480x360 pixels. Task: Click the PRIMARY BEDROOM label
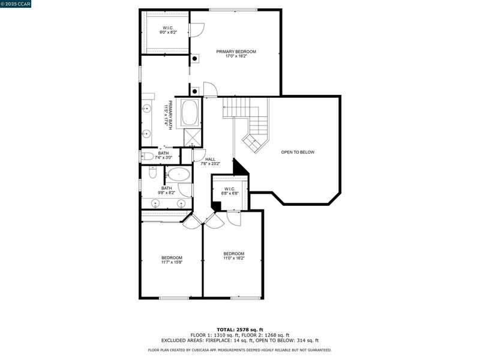point(236,52)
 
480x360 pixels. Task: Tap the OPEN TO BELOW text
point(298,152)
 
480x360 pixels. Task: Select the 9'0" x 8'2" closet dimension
point(169,32)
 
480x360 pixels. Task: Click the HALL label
point(211,159)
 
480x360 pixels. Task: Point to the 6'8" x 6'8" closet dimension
point(230,193)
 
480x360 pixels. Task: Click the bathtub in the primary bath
point(190,112)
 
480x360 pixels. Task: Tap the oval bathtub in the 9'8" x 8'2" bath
point(179,175)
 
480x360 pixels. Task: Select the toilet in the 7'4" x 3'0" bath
point(147,157)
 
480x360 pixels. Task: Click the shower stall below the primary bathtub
point(193,138)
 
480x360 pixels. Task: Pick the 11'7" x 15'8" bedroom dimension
point(172,262)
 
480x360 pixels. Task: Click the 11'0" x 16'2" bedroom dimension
point(234,258)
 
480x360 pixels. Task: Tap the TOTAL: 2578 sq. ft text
point(240,329)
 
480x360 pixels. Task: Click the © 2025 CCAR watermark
point(16,4)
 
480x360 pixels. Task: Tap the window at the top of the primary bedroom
point(233,10)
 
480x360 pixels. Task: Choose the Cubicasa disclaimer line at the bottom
point(239,350)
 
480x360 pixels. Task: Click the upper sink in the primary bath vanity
point(147,109)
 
